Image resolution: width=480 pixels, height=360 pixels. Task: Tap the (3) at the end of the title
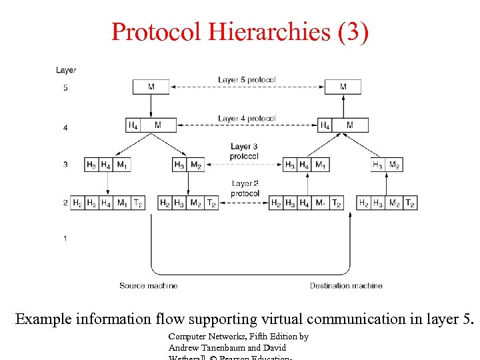[351, 32]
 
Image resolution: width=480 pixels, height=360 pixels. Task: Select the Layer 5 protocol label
[247, 80]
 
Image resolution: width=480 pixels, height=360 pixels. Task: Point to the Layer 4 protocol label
[247, 119]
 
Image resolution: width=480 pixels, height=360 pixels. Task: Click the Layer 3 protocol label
[244, 151]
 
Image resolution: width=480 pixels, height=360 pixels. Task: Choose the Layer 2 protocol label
[245, 189]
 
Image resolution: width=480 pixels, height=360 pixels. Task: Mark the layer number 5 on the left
[65, 87]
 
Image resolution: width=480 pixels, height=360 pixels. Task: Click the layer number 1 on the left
[65, 238]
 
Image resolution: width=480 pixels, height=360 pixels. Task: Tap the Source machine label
[148, 285]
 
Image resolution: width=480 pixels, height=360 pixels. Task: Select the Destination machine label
[346, 285]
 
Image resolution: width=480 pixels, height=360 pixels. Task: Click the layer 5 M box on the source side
[151, 87]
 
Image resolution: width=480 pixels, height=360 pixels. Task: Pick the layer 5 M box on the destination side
[343, 87]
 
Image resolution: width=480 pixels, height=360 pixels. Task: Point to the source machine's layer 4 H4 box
[133, 125]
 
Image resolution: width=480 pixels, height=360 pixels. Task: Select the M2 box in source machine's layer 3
[196, 165]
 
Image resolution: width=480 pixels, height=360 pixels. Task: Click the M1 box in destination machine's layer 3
[321, 165]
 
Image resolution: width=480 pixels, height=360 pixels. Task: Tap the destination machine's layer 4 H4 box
[325, 125]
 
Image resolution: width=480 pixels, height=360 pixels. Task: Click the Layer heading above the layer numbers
[66, 70]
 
